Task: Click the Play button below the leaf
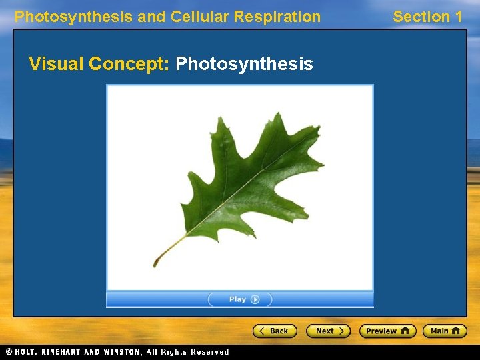[x=240, y=300]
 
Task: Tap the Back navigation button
[x=274, y=331]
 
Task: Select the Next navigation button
[x=328, y=331]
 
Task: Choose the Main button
[x=445, y=331]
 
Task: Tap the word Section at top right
[x=420, y=17]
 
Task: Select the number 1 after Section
[x=457, y=17]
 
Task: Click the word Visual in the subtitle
[x=56, y=64]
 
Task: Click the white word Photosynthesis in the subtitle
[x=244, y=64]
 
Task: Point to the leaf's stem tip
[x=155, y=265]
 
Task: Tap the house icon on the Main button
[x=456, y=331]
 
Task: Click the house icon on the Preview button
[x=405, y=331]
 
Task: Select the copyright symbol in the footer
[x=9, y=352]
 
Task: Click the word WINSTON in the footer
[x=120, y=352]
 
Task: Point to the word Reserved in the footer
[x=209, y=352]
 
